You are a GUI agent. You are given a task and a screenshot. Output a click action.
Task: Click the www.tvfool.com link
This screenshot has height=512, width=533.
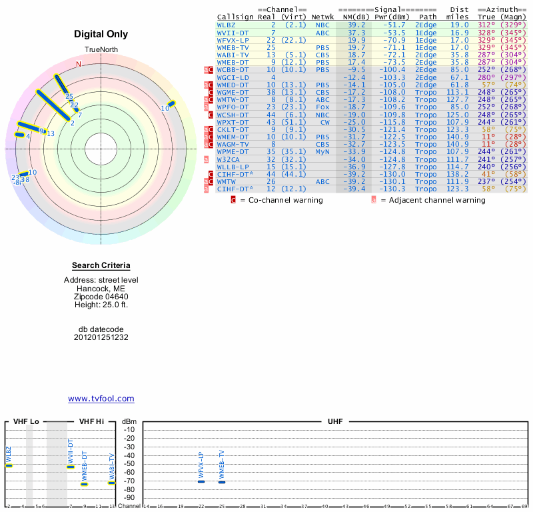(101, 399)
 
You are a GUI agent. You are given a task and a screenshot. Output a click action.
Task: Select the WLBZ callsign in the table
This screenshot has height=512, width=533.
(227, 25)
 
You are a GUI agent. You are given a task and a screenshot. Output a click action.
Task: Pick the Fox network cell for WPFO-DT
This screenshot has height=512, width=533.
(322, 107)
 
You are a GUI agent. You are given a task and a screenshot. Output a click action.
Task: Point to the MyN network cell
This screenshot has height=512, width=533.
(322, 151)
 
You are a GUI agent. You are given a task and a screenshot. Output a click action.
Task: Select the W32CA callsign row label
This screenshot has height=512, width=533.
(229, 159)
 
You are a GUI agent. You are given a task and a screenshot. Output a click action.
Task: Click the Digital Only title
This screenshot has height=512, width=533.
(101, 35)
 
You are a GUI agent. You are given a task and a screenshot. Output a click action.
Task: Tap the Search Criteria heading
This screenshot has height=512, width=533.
(101, 265)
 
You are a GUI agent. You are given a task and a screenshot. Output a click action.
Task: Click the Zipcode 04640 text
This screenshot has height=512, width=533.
(101, 297)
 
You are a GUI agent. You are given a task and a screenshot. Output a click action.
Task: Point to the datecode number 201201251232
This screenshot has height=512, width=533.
(101, 337)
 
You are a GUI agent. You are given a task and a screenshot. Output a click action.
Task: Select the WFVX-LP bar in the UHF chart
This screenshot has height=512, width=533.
(201, 481)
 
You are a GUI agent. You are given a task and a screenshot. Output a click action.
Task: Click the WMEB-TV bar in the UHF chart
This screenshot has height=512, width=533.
(222, 481)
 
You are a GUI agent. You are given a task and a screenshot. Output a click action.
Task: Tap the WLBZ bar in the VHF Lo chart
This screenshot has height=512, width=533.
(9, 465)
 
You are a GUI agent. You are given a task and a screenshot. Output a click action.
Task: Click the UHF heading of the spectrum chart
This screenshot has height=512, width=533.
(334, 422)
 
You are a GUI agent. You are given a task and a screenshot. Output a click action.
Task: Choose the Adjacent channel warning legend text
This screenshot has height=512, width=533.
(433, 200)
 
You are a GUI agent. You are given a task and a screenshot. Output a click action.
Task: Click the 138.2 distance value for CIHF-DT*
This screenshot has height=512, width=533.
(458, 174)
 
